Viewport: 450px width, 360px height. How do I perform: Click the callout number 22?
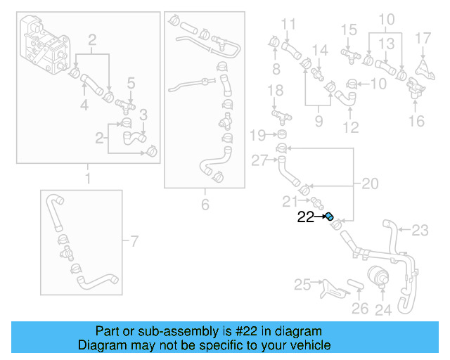305,217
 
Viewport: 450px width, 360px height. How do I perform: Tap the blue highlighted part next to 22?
328,217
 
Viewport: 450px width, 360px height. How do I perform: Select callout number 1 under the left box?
88,179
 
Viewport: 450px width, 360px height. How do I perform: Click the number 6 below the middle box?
205,205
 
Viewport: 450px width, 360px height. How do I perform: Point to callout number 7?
135,243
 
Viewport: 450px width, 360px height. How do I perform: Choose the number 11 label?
288,25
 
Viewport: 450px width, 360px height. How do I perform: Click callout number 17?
423,37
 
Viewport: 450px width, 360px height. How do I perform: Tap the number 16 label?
417,121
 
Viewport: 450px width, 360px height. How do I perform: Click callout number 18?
276,91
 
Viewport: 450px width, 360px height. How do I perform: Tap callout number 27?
259,161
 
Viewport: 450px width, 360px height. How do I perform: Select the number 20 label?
370,184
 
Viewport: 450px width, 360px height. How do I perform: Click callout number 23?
420,230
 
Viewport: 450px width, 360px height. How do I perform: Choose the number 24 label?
383,309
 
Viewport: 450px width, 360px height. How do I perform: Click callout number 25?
302,285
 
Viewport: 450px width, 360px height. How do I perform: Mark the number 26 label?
360,309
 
